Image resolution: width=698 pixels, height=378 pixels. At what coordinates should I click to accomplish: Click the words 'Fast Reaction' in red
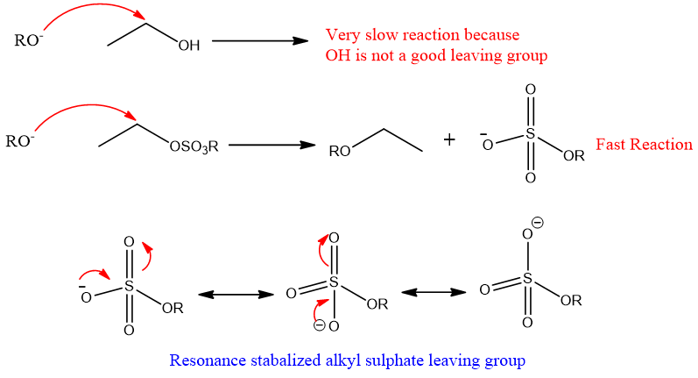pyautogui.click(x=644, y=144)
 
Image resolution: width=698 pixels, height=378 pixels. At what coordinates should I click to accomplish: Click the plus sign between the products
pyautogui.click(x=449, y=139)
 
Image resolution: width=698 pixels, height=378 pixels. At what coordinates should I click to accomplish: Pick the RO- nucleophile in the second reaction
pyautogui.click(x=20, y=140)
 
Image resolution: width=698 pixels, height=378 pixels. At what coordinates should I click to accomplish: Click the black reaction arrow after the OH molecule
pyautogui.click(x=260, y=41)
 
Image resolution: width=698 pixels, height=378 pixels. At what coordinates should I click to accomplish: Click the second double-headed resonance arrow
pyautogui.click(x=433, y=292)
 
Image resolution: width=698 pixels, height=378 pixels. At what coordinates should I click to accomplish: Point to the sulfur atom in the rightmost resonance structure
pyautogui.click(x=527, y=278)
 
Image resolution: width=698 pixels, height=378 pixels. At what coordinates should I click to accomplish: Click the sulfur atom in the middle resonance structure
pyautogui.click(x=334, y=283)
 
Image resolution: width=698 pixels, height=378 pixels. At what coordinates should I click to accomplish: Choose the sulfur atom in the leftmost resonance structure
pyautogui.click(x=129, y=286)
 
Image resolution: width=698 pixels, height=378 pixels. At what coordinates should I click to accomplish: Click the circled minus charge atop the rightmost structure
pyautogui.click(x=538, y=223)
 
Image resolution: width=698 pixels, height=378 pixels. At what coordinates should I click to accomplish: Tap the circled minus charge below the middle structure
pyautogui.click(x=320, y=325)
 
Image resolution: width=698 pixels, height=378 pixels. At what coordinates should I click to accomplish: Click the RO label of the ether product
pyautogui.click(x=339, y=152)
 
